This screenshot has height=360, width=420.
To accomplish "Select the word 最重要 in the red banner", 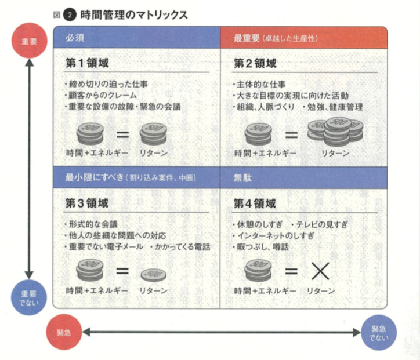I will pos(246,38).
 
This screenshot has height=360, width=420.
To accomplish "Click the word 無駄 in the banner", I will pos(242,178).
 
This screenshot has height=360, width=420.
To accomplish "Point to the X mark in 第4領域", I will pos(320,271).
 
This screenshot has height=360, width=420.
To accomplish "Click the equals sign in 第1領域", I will pos(122,134).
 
